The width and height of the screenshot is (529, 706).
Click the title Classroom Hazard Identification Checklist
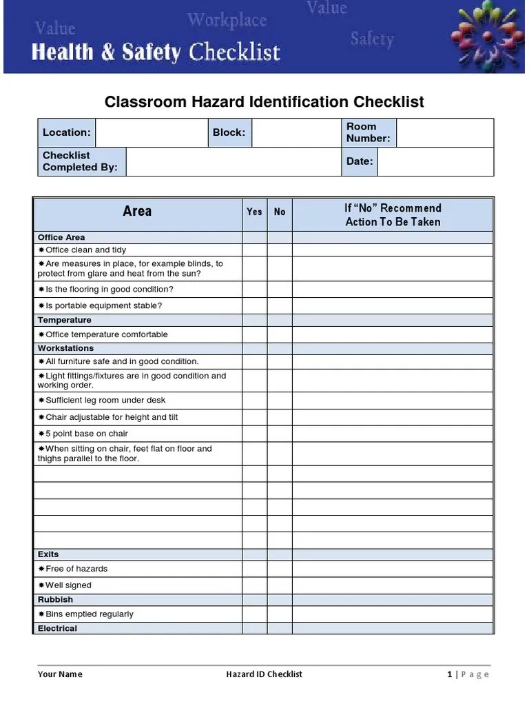(264, 102)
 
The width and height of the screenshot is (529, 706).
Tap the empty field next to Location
(152, 132)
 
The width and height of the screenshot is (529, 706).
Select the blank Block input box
(296, 132)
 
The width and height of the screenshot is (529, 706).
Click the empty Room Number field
(445, 132)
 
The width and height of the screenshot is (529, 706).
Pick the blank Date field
(435, 161)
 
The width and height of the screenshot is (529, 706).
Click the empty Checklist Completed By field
(234, 161)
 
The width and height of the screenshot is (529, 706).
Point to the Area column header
(137, 212)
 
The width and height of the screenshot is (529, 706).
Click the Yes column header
(254, 212)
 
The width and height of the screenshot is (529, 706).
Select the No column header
(280, 212)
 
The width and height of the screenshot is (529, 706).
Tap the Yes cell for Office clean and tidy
(254, 250)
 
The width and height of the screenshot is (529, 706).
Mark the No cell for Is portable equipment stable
(280, 305)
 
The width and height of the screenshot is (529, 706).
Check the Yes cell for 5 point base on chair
(254, 434)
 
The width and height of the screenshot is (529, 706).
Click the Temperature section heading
(65, 320)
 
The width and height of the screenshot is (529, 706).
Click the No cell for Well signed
(280, 585)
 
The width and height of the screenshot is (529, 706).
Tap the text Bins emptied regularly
(89, 614)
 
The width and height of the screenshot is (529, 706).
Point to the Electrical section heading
(58, 628)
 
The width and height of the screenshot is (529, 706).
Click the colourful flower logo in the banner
(487, 35)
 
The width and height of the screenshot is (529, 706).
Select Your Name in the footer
(60, 674)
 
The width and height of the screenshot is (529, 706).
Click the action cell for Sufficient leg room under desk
(393, 401)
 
